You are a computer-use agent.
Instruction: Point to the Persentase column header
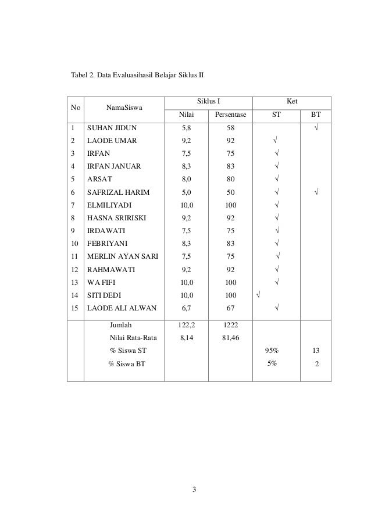point(230,115)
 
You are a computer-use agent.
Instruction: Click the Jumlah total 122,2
point(186,326)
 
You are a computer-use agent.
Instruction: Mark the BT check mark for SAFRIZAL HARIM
point(316,191)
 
